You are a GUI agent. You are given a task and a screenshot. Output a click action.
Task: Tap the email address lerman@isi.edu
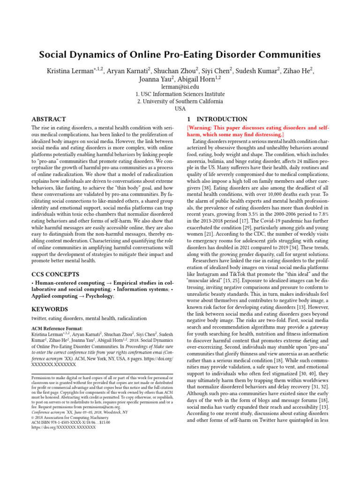pyautogui.click(x=180, y=87)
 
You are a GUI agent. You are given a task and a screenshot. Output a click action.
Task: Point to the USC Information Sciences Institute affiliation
pyautogui.click(x=180, y=94)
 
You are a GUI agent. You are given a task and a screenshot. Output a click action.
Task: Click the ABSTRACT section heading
pyautogui.click(x=48, y=120)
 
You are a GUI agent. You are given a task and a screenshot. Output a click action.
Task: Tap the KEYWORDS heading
pyautogui.click(x=49, y=309)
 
